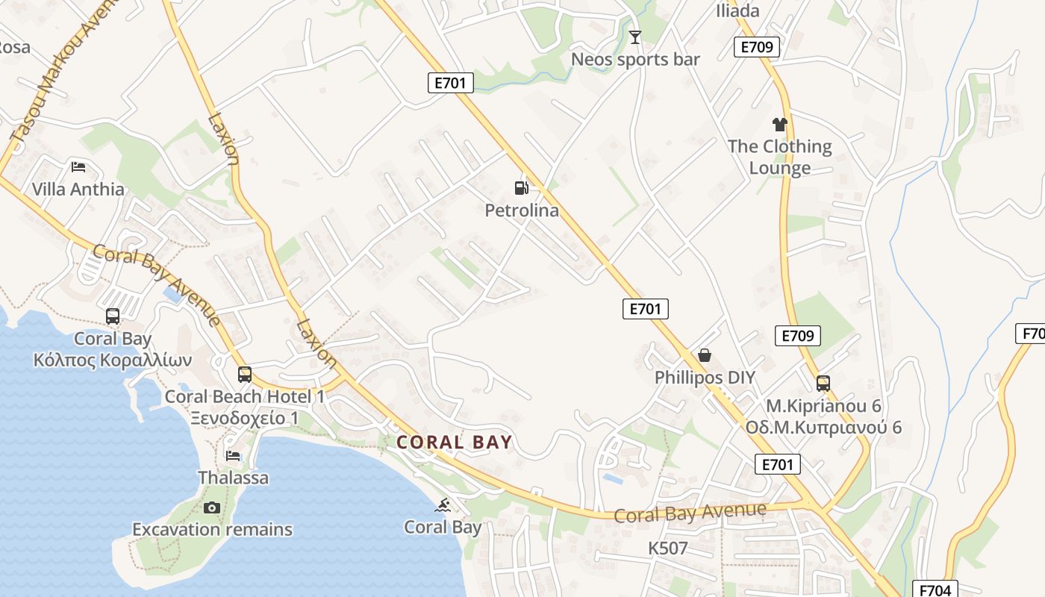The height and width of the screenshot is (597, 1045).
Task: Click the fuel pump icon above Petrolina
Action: coord(521,188)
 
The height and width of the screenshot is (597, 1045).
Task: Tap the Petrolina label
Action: coord(522,210)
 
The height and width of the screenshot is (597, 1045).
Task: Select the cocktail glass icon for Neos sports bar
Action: coord(635,37)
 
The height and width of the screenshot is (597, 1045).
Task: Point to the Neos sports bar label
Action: coord(635,59)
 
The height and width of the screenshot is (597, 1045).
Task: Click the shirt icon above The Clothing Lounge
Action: coord(780,124)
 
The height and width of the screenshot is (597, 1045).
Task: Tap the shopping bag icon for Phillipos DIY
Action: coord(704,355)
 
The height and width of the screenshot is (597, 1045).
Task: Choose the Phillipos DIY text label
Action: coord(705,378)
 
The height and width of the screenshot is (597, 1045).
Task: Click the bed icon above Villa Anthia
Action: coord(78,166)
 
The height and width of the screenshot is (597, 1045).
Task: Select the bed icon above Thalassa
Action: coord(233,455)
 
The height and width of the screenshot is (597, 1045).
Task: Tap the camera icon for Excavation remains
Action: coord(212,508)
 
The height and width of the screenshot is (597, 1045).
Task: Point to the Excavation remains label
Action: coord(212,530)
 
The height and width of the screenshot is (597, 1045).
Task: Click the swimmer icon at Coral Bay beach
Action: coord(443,505)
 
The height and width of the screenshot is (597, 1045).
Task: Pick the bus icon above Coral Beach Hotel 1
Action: coord(245,375)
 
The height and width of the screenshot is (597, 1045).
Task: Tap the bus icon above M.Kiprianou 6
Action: coord(823,384)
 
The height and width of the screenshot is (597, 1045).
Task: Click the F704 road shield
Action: coord(935,590)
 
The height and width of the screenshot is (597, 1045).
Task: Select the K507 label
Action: coord(667,548)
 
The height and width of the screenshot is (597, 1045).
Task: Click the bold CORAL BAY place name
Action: coord(454,442)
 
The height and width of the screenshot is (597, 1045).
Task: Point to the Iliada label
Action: coord(737,10)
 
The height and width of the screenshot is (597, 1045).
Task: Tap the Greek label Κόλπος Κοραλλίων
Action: coord(113,360)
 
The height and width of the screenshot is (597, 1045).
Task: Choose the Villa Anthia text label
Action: coord(78,190)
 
